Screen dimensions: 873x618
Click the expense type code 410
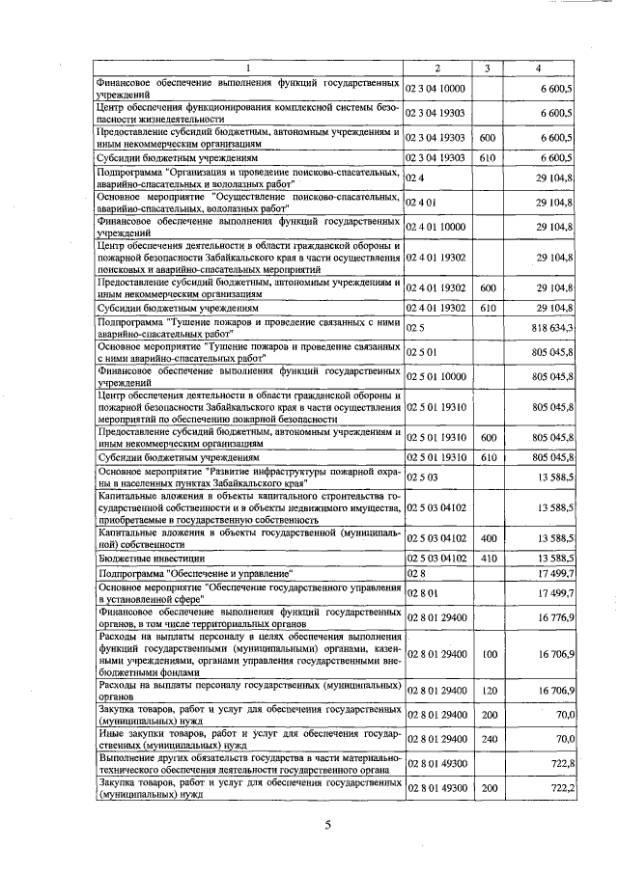[488, 558]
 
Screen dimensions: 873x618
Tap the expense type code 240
[488, 738]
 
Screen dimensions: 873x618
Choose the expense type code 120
[488, 691]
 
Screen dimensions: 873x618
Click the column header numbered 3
[488, 67]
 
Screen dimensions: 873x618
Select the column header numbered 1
[247, 67]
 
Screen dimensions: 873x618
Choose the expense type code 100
[488, 654]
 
